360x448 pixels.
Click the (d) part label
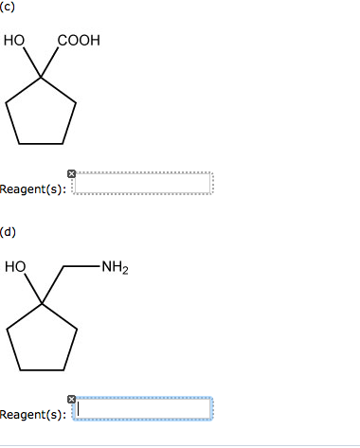tap(9, 230)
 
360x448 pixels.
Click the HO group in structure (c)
tap(14, 42)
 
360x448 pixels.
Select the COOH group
tap(78, 42)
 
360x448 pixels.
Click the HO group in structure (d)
tap(14, 268)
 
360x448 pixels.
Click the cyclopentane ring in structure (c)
tap(41, 114)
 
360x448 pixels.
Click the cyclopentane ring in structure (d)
tap(41, 339)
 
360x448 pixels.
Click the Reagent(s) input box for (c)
tap(144, 184)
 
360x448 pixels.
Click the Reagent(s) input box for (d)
tap(144, 409)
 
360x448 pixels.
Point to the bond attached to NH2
tap(83, 268)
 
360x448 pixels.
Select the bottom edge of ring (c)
tap(41, 143)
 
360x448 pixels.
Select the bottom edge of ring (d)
tap(41, 368)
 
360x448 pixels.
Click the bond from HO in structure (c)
tap(30, 63)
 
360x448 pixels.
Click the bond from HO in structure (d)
tap(30, 289)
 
